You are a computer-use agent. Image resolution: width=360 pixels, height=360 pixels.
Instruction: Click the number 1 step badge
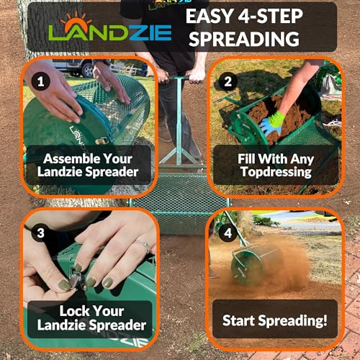41,81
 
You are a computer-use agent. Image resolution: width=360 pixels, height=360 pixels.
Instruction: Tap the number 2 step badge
228,81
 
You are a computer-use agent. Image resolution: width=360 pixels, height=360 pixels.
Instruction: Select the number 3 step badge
41,233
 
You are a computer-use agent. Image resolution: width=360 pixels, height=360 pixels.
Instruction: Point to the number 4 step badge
228,233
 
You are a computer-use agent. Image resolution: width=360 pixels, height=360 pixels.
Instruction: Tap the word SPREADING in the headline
244,39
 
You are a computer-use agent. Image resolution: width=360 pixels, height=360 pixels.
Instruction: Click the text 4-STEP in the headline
270,16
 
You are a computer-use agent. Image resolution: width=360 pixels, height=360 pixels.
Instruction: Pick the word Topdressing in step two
276,172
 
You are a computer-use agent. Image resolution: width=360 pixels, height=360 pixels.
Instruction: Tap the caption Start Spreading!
275,320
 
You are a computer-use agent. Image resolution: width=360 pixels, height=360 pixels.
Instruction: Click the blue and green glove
272,125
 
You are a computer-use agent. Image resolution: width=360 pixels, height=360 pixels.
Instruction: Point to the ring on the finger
143,246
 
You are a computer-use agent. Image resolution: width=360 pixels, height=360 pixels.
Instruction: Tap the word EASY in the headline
210,16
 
